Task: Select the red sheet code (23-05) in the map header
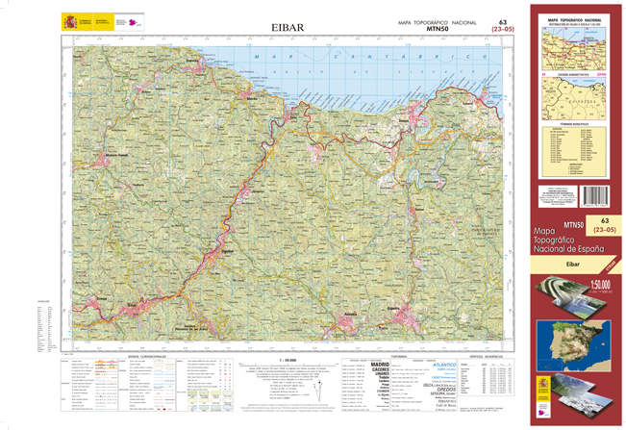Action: pos(501,31)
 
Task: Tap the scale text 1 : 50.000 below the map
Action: pos(282,358)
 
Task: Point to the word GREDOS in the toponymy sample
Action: pos(441,390)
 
